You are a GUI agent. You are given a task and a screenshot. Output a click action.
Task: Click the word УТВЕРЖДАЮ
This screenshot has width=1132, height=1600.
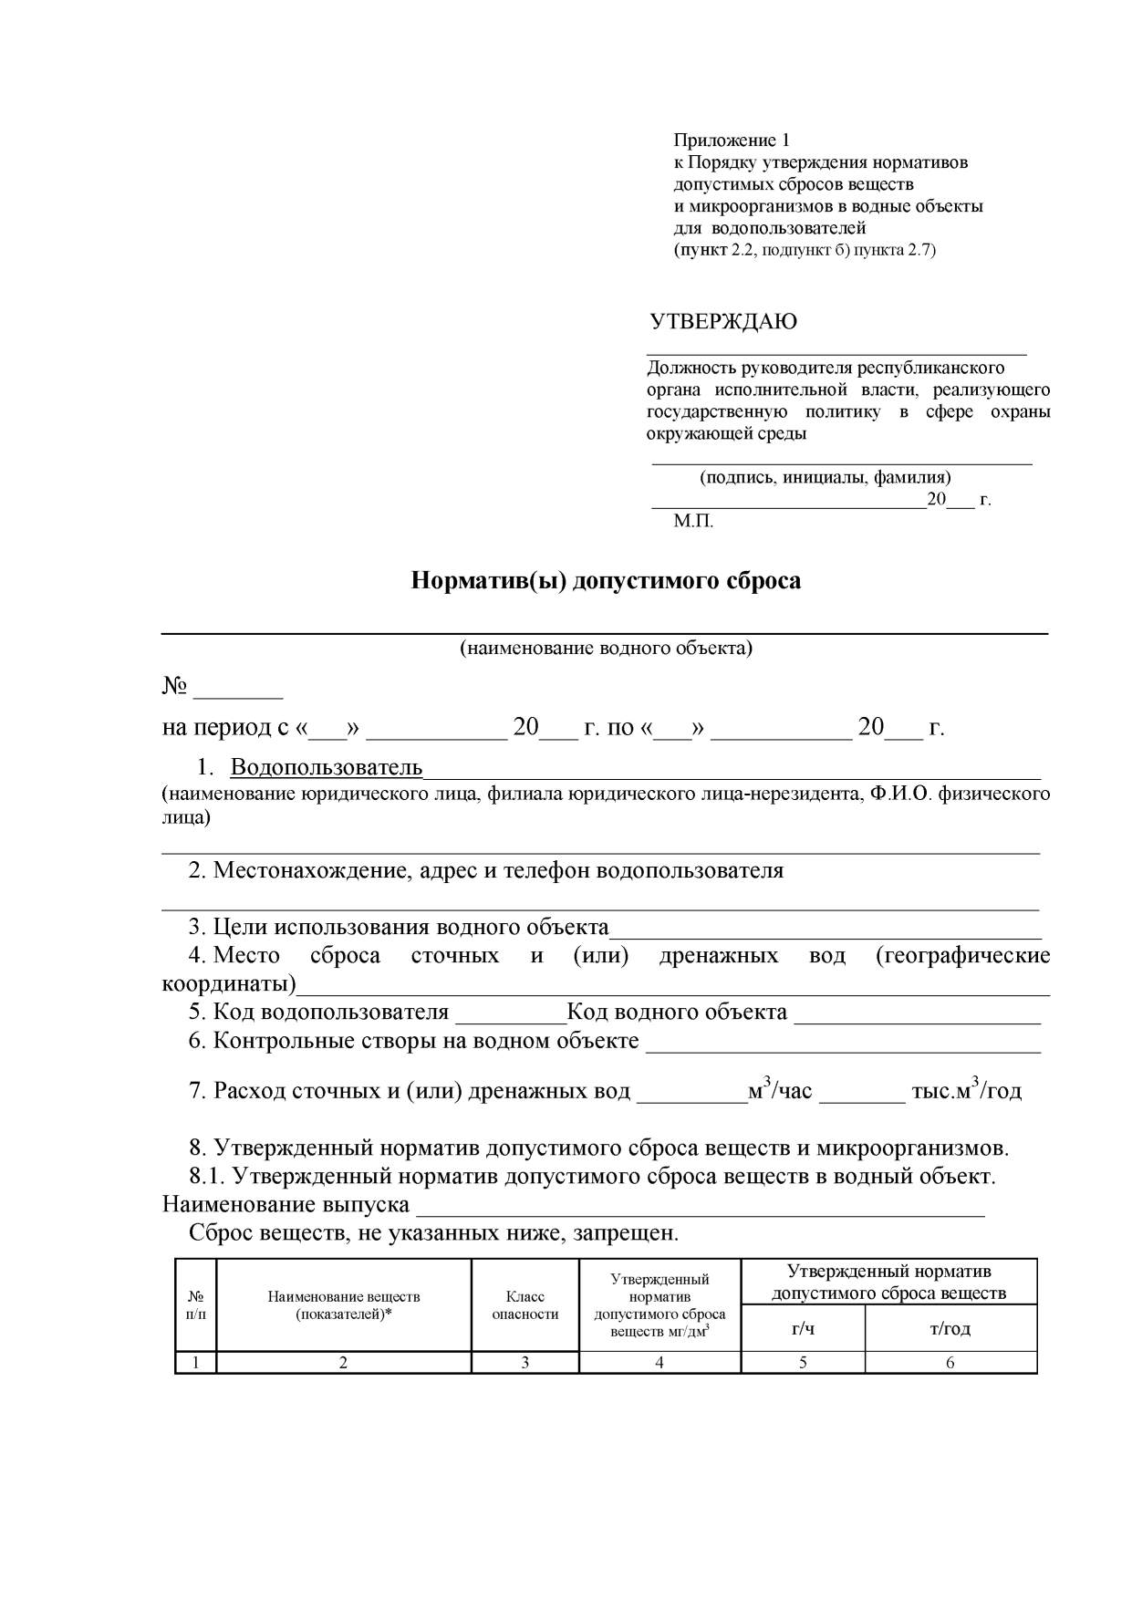pyautogui.click(x=722, y=322)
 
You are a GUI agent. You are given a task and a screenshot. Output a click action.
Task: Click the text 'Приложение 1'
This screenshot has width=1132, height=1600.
pyautogui.click(x=732, y=140)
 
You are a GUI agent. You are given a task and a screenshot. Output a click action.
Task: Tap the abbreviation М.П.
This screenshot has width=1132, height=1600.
pyautogui.click(x=693, y=522)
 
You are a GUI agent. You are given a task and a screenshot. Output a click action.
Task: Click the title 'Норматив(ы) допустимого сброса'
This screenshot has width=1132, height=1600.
pyautogui.click(x=606, y=581)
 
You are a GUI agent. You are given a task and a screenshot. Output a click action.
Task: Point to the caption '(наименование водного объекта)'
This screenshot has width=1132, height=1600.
pyautogui.click(x=606, y=649)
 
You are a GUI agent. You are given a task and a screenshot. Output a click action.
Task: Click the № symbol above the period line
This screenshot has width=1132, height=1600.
pyautogui.click(x=174, y=686)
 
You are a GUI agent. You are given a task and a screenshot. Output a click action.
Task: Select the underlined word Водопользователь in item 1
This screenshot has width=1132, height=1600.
pyautogui.click(x=326, y=766)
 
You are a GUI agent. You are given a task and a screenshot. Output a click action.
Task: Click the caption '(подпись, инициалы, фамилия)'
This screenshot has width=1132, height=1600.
pyautogui.click(x=825, y=477)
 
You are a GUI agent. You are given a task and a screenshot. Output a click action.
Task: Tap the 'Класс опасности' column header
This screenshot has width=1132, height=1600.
pyautogui.click(x=524, y=1305)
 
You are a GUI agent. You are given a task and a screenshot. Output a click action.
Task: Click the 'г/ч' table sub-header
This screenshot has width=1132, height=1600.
pyautogui.click(x=803, y=1328)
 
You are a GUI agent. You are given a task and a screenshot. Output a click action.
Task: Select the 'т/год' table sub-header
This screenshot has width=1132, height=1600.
pyautogui.click(x=950, y=1328)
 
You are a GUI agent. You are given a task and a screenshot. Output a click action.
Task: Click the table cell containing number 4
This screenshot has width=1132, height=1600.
pyautogui.click(x=659, y=1363)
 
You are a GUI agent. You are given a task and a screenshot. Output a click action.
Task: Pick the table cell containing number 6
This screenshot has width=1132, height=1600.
pyautogui.click(x=950, y=1363)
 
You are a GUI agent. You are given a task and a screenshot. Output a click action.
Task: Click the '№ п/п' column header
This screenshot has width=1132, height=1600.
pyautogui.click(x=195, y=1305)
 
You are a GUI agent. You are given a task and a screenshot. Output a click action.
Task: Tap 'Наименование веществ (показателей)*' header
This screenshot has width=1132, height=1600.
pyautogui.click(x=344, y=1305)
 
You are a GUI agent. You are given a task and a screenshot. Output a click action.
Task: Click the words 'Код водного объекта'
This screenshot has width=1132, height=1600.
pyautogui.click(x=677, y=1013)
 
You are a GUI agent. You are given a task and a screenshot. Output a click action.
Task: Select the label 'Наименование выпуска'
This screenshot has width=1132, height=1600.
pyautogui.click(x=286, y=1205)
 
